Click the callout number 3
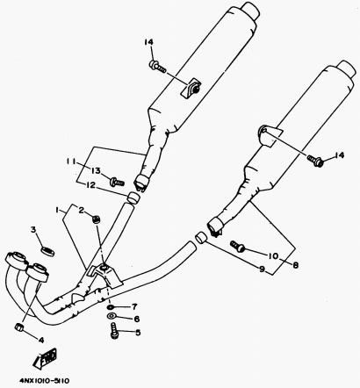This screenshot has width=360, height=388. tap(33, 230)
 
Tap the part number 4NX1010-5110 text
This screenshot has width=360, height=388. tap(45, 381)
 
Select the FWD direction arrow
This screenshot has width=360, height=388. tap(46, 359)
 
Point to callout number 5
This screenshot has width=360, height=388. tap(138, 333)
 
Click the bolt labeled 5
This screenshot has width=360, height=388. tap(114, 331)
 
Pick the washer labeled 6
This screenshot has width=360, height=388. tap(112, 316)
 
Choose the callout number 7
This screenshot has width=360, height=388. tap(134, 306)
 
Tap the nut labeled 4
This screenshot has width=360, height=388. tap(19, 327)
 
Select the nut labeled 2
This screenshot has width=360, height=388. tap(96, 219)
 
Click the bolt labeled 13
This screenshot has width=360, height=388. tap(117, 183)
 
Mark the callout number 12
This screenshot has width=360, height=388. tap(90, 185)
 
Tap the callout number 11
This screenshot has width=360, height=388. tap(70, 162)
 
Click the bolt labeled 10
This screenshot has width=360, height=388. tap(237, 247)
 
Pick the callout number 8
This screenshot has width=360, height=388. tap(295, 265)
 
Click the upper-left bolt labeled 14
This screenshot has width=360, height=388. tap(158, 67)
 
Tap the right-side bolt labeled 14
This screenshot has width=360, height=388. tap(314, 160)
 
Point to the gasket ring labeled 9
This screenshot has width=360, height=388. tap(201, 237)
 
